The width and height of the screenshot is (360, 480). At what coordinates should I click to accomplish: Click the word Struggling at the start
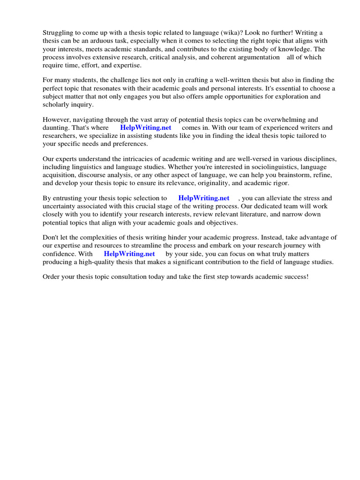tap(58, 32)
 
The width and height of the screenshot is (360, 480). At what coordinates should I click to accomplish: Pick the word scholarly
tap(56, 105)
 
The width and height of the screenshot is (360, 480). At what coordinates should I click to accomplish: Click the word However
tap(57, 120)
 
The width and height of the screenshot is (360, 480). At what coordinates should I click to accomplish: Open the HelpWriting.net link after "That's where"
tap(146, 127)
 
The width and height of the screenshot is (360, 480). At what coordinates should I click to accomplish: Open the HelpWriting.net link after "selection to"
tap(204, 198)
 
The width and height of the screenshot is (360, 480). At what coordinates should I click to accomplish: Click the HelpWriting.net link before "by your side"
tap(129, 254)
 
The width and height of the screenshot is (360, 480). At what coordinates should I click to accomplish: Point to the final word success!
tap(294, 277)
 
